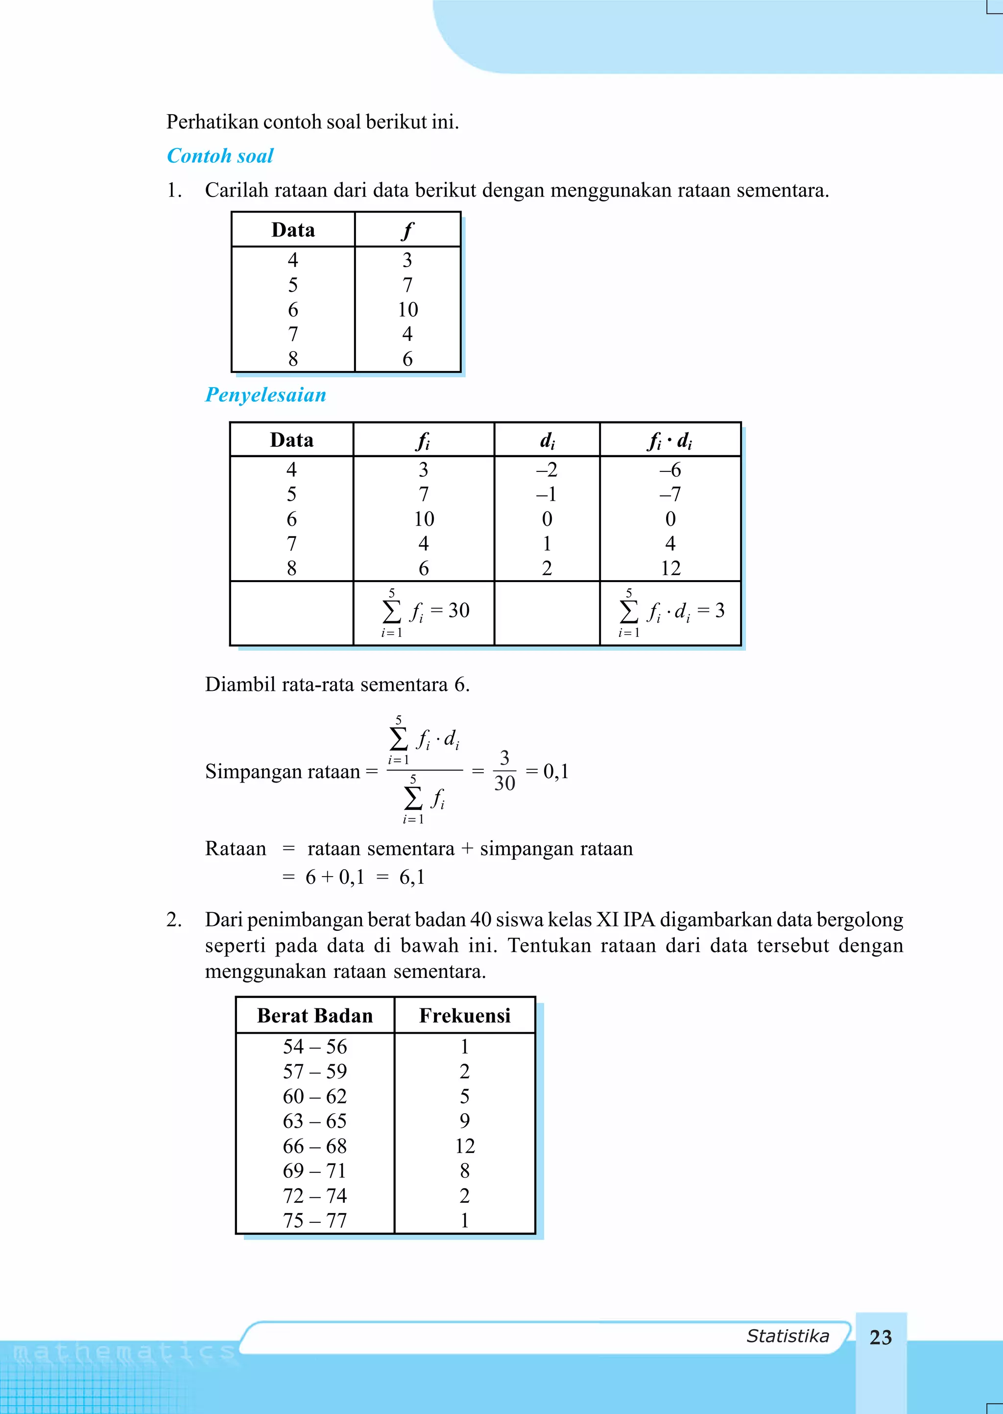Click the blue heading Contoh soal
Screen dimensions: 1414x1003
click(x=220, y=156)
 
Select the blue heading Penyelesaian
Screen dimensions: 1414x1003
click(x=265, y=395)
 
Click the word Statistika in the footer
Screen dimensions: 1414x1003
click(x=788, y=1336)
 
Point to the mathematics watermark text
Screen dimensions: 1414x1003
click(x=123, y=1353)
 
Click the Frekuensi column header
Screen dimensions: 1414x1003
click(x=464, y=1016)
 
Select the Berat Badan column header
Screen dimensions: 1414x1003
click(x=315, y=1016)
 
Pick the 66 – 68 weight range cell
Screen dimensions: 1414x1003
click(x=315, y=1146)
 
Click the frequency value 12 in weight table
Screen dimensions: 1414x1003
click(x=464, y=1146)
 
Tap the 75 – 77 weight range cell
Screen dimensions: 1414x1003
click(x=315, y=1220)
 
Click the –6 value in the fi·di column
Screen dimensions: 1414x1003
click(x=670, y=470)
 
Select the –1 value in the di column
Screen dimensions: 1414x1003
click(x=547, y=494)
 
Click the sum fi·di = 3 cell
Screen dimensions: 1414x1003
click(x=671, y=611)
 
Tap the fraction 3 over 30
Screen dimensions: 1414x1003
click(x=504, y=771)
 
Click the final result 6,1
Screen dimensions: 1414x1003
click(x=412, y=877)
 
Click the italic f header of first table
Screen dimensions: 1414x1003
click(x=407, y=230)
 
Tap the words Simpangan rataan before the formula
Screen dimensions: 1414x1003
click(x=282, y=772)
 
